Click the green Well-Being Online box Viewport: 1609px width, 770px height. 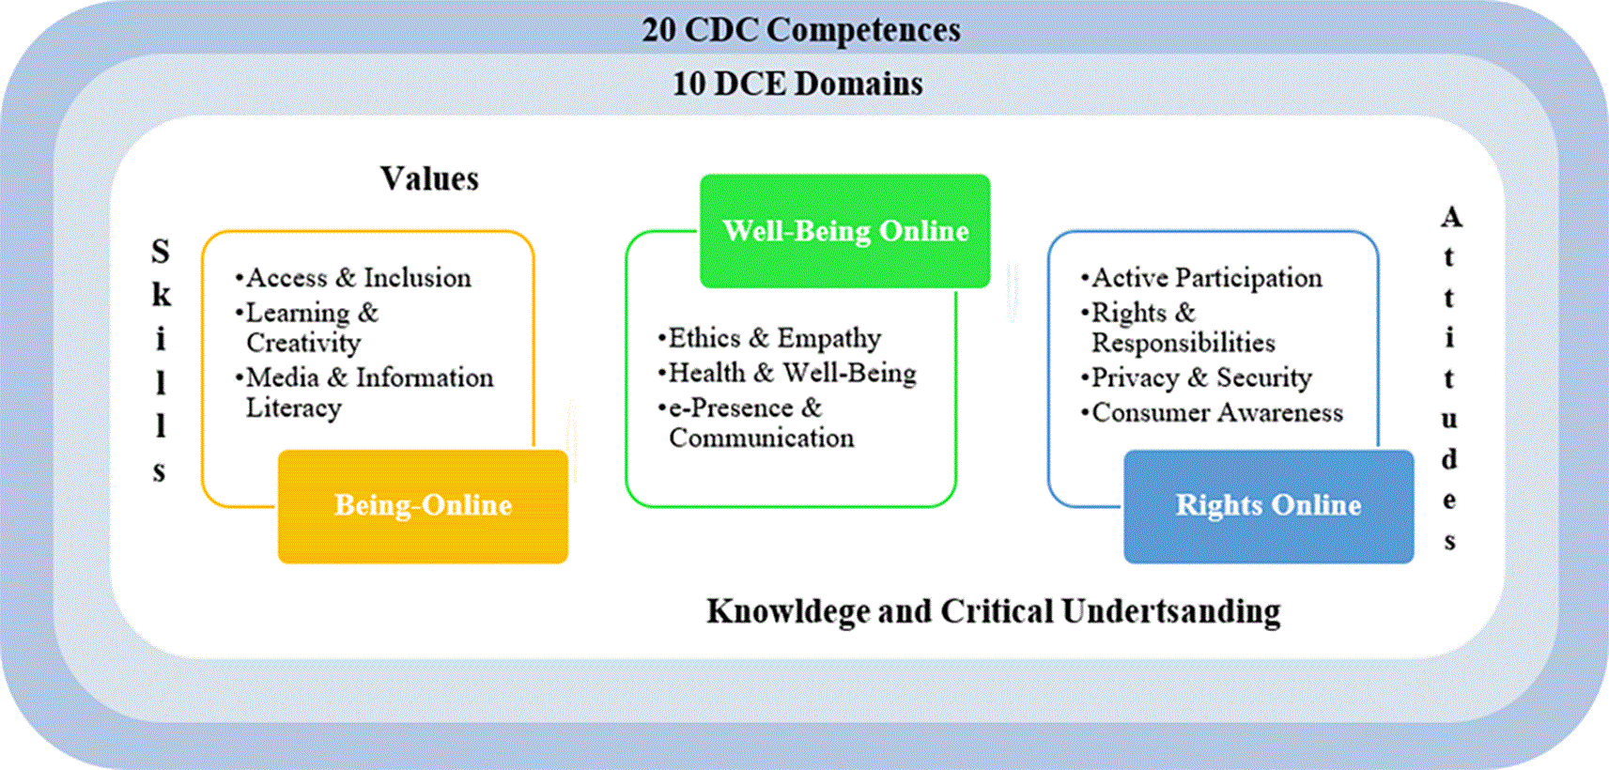[x=844, y=231]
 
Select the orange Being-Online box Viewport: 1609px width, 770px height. [x=423, y=506]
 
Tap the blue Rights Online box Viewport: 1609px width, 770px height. [x=1269, y=506]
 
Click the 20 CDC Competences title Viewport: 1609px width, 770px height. [x=801, y=30]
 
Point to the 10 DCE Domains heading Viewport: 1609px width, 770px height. [x=797, y=84]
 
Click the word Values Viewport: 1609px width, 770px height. [x=429, y=178]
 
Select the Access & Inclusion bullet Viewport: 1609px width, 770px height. [x=353, y=278]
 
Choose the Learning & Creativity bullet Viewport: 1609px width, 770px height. [x=307, y=328]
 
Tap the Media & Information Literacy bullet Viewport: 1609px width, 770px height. [x=364, y=393]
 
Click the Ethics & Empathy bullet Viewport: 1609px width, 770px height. [x=769, y=338]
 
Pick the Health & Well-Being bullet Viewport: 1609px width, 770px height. [x=787, y=374]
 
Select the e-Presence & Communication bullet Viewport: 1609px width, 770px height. [x=755, y=423]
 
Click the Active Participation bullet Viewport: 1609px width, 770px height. [x=1201, y=278]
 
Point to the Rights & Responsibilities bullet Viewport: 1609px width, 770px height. [x=1178, y=328]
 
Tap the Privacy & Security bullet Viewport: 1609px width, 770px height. [x=1196, y=377]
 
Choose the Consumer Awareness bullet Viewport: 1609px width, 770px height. [x=1212, y=413]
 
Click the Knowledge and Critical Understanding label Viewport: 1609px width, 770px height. [x=994, y=612]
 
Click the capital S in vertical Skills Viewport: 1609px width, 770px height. [x=161, y=252]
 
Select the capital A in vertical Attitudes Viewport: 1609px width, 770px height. [x=1451, y=217]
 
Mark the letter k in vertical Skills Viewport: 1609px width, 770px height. [x=162, y=294]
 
